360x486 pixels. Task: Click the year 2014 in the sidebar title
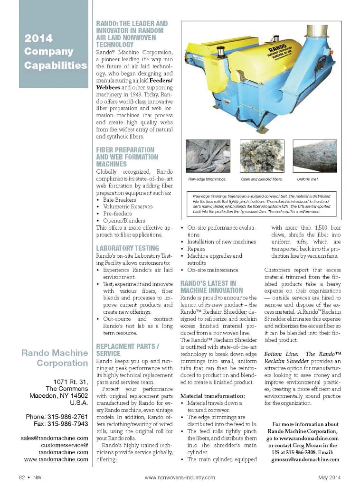38,38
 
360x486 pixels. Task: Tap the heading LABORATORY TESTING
127,248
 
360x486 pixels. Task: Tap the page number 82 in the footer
22,477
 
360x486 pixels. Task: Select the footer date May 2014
329,477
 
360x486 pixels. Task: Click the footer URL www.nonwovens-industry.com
180,477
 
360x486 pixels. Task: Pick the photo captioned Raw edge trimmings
208,156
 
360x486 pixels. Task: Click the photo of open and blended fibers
261,156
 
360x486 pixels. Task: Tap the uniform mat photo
314,156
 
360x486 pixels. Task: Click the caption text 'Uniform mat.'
307,179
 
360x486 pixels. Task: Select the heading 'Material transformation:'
213,395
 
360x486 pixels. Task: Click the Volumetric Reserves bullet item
127,207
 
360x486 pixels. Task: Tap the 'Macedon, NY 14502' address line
58,395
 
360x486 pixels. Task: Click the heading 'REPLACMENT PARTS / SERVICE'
127,350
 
